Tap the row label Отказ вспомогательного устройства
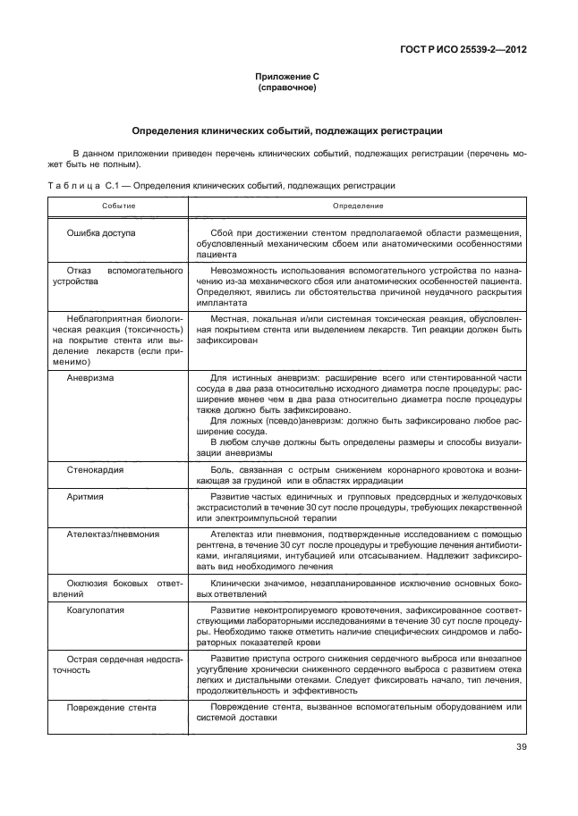pos(116,275)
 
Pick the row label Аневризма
pos(90,378)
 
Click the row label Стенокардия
pos(95,469)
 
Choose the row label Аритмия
pos(86,496)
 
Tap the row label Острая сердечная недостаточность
pos(116,663)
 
